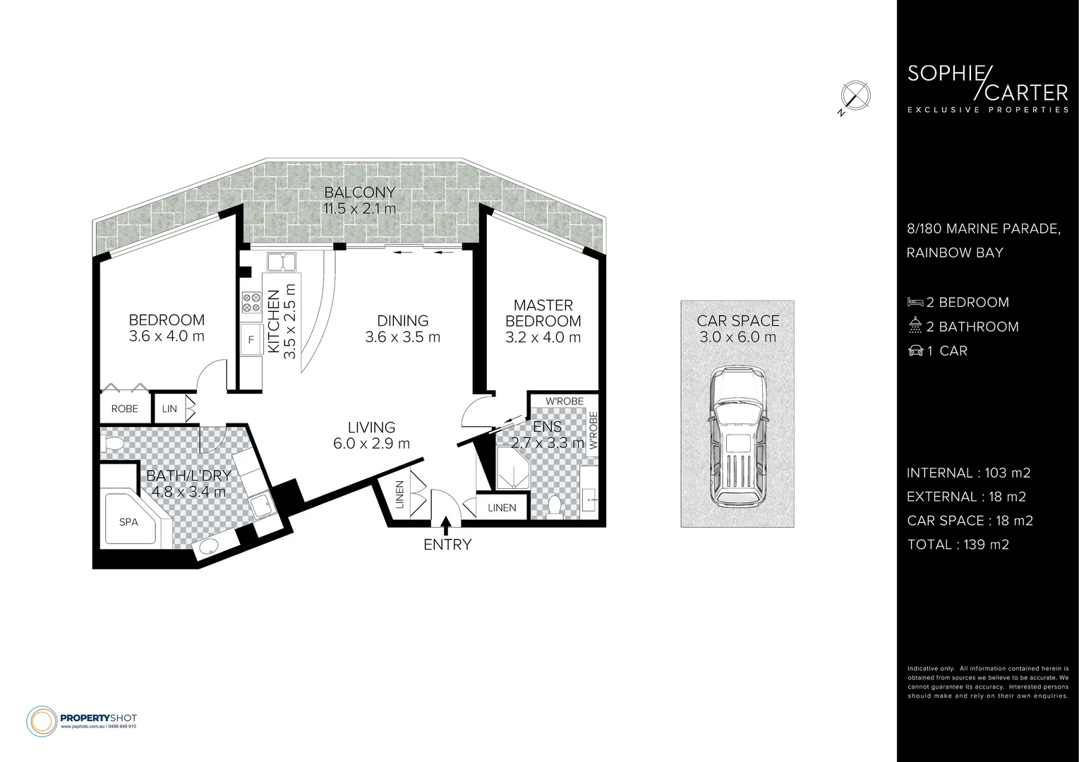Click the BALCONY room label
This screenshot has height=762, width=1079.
pos(359,192)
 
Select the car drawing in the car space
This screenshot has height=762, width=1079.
pos(737,437)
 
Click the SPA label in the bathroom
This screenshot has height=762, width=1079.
pos(128,522)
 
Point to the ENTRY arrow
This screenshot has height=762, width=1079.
pos(446,526)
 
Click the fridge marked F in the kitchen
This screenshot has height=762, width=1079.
pos(251,339)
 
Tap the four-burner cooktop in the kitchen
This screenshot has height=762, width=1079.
pos(251,303)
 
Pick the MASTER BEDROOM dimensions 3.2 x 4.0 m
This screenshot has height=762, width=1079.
pos(543,337)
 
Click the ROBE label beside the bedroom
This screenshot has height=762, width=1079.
pos(125,409)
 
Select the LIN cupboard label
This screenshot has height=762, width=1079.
pos(169,409)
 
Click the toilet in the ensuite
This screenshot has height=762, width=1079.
pos(555,507)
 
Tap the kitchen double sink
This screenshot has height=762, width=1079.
pos(282,262)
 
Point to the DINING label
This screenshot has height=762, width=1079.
pos(403,321)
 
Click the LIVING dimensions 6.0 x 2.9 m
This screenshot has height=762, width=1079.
pos(371,444)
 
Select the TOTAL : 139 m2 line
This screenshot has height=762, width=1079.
pos(958,545)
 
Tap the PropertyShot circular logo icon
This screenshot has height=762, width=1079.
pos(42,721)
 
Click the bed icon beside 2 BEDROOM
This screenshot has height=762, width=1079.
pos(915,302)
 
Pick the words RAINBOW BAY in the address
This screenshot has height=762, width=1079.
pos(955,253)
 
